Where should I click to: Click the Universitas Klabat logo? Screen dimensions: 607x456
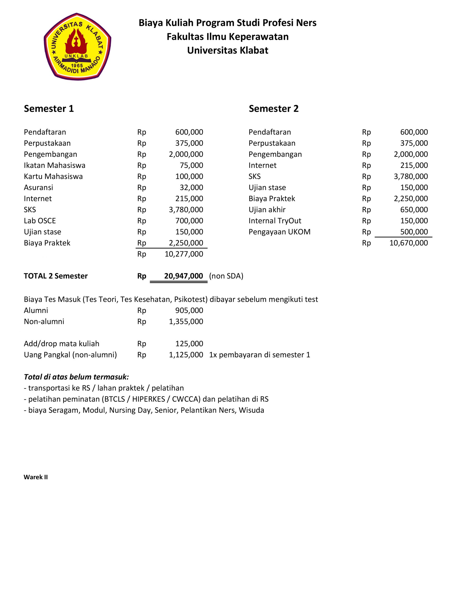coord(77,47)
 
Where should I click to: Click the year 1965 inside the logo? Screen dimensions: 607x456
coord(77,66)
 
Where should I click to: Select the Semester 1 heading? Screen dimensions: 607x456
coord(49,109)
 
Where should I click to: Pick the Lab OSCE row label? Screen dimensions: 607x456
coord(40,221)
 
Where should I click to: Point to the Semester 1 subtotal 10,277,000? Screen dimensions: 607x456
coord(184,254)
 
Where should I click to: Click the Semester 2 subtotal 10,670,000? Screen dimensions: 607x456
coord(409,243)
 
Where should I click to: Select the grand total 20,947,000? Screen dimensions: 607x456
coord(183,276)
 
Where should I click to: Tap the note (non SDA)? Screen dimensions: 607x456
coord(226,276)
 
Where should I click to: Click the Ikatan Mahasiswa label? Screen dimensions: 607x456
coord(54,165)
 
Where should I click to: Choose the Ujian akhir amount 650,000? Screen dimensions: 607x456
coord(414,210)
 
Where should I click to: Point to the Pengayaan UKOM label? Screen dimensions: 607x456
coord(279,232)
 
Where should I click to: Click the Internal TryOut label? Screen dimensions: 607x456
coord(275,221)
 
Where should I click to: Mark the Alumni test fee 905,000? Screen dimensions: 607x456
coord(189,310)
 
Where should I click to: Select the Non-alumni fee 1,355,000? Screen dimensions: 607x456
coord(186,321)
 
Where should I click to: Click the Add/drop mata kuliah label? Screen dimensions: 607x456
coord(61,344)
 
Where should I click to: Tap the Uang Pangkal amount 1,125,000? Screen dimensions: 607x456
coord(186,355)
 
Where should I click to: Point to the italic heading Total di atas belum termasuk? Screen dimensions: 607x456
coord(76,377)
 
